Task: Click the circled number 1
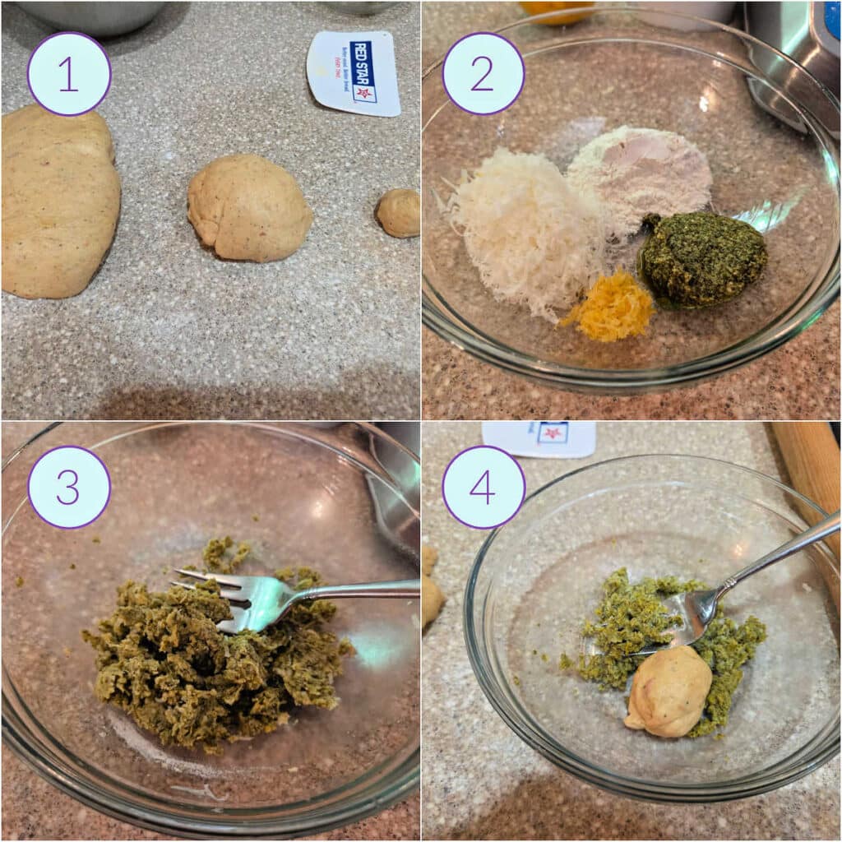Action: [69, 74]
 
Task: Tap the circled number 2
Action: [483, 74]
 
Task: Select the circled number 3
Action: [69, 487]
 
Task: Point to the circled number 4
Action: [483, 487]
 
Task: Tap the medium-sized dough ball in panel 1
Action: [249, 207]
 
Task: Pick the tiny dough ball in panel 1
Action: [399, 212]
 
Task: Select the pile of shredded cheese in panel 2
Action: [526, 230]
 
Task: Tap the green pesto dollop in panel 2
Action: [703, 259]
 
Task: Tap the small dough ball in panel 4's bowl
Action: [668, 691]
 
